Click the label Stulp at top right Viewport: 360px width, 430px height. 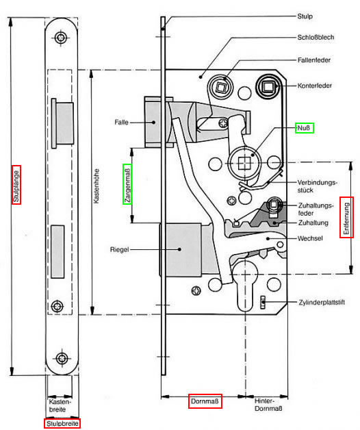[x=305, y=16]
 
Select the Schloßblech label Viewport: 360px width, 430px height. [x=316, y=37]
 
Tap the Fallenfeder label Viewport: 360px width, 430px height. [x=314, y=60]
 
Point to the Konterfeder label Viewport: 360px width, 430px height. [x=315, y=86]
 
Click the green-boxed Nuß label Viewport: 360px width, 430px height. [x=304, y=128]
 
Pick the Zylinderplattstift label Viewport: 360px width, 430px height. [x=322, y=303]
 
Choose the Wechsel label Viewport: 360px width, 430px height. [x=310, y=238]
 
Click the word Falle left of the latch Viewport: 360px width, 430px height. [x=121, y=122]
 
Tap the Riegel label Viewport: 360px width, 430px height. [x=119, y=249]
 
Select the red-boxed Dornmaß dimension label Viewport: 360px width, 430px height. [x=205, y=401]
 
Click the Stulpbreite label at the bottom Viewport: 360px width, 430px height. [x=62, y=424]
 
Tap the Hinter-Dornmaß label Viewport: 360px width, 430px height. [x=268, y=405]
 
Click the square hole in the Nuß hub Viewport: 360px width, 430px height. [x=244, y=164]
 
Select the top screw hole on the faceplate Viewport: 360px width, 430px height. [x=61, y=38]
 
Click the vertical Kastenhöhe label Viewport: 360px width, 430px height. [x=97, y=186]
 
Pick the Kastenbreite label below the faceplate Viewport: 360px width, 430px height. [x=60, y=405]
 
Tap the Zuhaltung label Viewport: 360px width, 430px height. [x=313, y=223]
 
